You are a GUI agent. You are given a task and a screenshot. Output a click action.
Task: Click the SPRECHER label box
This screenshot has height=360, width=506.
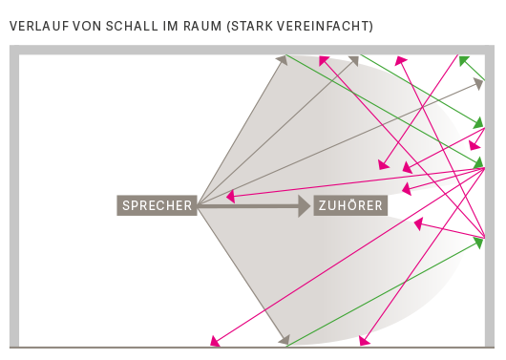pyautogui.click(x=157, y=205)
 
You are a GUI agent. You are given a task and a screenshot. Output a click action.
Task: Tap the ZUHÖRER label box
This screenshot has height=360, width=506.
pyautogui.click(x=350, y=205)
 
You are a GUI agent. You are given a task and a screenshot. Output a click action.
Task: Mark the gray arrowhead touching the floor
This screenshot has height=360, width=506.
pyautogui.click(x=283, y=339)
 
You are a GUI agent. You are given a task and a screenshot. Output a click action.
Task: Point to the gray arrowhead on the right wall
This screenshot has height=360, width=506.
pyautogui.click(x=478, y=83)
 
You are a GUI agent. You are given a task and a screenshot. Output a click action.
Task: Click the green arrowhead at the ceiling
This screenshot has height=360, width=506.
pyautogui.click(x=463, y=60)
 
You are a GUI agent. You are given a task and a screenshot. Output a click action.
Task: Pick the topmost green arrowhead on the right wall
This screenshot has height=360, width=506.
pyautogui.click(x=479, y=122)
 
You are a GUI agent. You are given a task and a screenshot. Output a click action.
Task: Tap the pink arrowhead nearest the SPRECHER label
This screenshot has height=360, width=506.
pyautogui.click(x=231, y=198)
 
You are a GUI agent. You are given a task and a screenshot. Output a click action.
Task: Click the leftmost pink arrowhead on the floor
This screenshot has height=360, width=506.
pyautogui.click(x=216, y=340)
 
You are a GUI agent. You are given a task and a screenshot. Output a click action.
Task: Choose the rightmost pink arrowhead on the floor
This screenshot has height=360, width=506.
pyautogui.click(x=364, y=339)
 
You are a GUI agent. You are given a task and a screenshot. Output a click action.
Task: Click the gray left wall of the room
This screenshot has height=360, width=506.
pyautogui.click(x=13, y=201)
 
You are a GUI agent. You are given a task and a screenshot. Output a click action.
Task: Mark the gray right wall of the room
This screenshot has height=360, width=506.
pyautogui.click(x=492, y=201)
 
